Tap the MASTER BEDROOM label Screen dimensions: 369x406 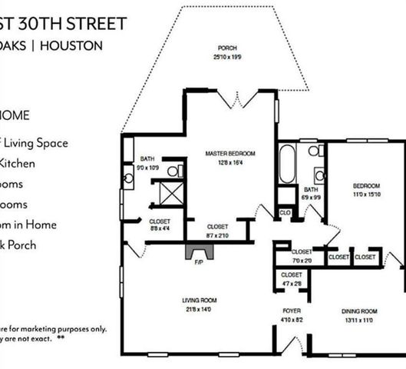(x=231, y=154)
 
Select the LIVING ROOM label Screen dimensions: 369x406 (x=199, y=301)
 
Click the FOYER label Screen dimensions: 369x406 (x=291, y=311)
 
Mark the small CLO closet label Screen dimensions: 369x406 (x=285, y=212)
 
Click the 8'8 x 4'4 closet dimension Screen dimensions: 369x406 (x=160, y=228)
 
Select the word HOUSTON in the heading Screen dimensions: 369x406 (x=71, y=45)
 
